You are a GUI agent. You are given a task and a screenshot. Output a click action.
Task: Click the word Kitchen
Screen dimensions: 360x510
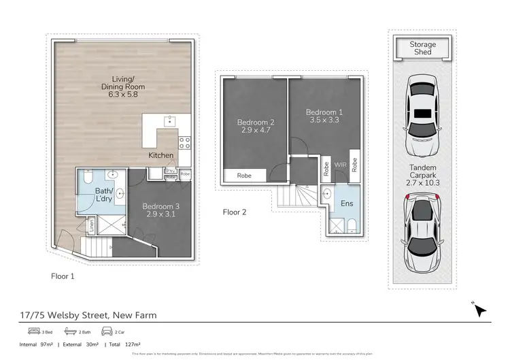[x=161, y=156]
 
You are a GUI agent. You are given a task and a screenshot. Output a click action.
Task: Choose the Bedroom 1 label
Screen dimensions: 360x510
[x=322, y=116]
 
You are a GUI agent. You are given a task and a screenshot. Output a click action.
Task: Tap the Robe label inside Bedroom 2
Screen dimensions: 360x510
[x=243, y=176]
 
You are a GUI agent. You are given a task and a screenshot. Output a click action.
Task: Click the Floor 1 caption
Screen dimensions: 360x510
[x=63, y=276]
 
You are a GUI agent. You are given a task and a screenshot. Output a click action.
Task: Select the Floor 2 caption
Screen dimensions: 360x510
[x=235, y=212]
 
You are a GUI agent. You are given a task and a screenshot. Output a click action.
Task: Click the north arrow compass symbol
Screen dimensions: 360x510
[x=480, y=310]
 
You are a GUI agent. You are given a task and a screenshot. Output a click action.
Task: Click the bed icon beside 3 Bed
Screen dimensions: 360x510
[x=31, y=331]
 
